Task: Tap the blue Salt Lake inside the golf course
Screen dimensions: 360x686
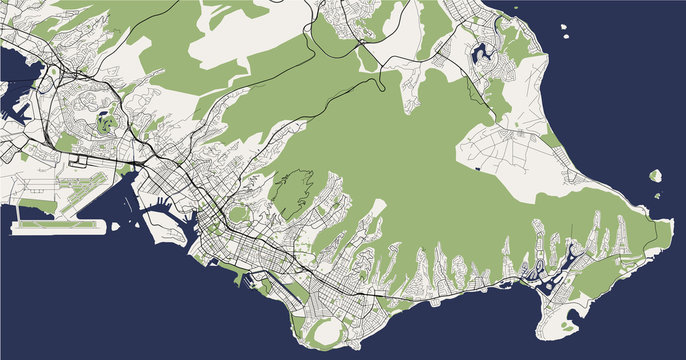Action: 106,124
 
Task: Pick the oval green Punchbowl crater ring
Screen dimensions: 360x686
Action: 238,213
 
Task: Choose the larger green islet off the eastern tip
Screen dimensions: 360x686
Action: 655,175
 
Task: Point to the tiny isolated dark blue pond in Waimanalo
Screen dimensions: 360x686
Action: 480,170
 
